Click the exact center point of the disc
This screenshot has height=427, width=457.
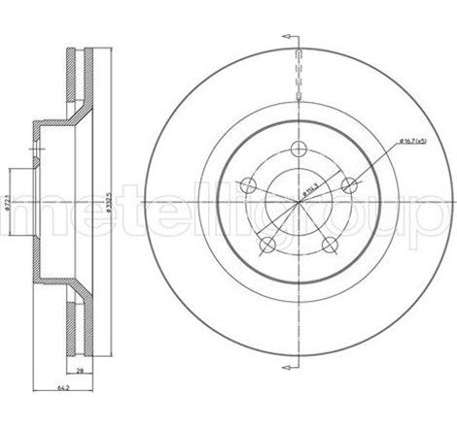[299, 205]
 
